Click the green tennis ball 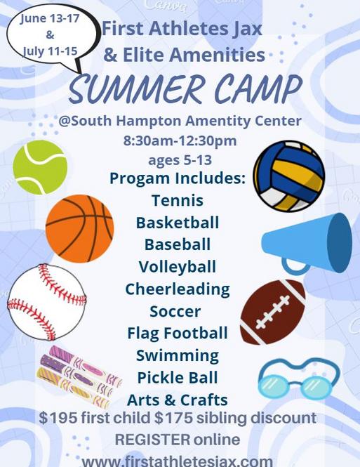coord(40,167)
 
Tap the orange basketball coord(80,229)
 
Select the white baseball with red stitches coord(47,302)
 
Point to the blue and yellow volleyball coord(289,176)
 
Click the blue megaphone coord(307,244)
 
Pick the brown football coord(272,312)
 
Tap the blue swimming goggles coord(299,379)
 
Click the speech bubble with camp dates coord(51,36)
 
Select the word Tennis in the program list coord(178,200)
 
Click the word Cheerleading coord(178,289)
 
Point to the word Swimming coord(178,356)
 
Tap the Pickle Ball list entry coord(178,378)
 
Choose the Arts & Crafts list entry coord(178,400)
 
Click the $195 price coord(58,418)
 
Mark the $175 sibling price coord(174,418)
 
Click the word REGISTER coord(152,440)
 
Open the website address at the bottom coord(178,461)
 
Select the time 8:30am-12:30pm coord(180,140)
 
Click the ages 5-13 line coord(180,160)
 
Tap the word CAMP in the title coord(258,88)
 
